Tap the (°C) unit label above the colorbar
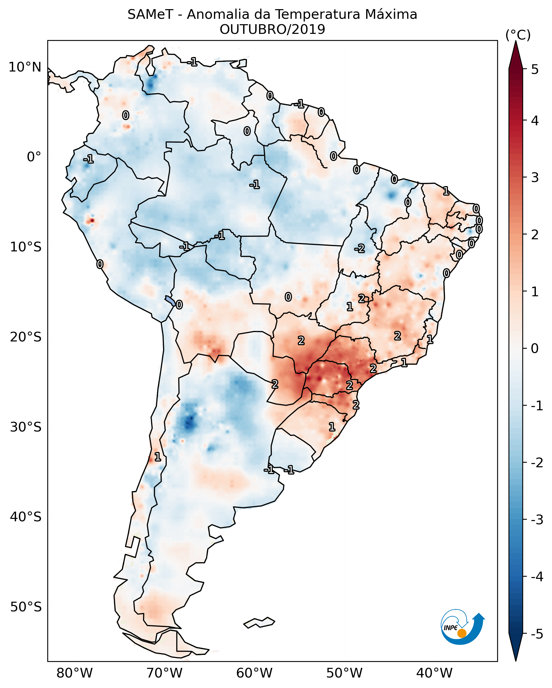pyautogui.click(x=518, y=35)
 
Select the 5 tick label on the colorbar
pyautogui.click(x=535, y=69)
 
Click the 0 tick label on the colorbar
pyautogui.click(x=535, y=348)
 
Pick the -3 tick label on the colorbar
pyautogui.click(x=537, y=520)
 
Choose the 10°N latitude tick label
pyautogui.click(x=25, y=67)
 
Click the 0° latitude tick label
pyautogui.click(x=34, y=157)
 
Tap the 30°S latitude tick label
pyautogui.click(x=26, y=427)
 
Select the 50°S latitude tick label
pyautogui.click(x=26, y=607)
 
